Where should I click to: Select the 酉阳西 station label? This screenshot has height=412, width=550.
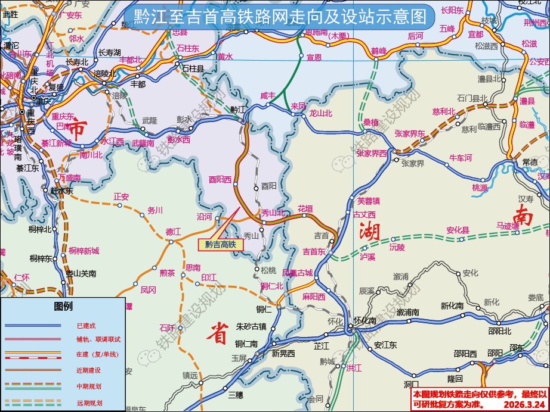[x=220, y=179]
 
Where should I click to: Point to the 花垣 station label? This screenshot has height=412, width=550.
[x=305, y=209]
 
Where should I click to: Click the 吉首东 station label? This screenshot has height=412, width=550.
[x=314, y=251]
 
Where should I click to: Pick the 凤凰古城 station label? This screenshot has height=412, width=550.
[x=297, y=273]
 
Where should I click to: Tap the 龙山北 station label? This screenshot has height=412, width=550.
[x=320, y=113]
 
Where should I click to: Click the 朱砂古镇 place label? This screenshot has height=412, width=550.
[x=251, y=326]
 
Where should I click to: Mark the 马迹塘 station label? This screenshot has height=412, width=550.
[x=508, y=226]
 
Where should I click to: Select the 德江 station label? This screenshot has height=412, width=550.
[x=173, y=231]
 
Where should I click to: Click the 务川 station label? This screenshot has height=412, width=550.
[x=155, y=210]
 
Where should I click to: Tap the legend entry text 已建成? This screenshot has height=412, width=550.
[x=86, y=326]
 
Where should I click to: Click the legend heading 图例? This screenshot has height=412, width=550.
[x=63, y=307]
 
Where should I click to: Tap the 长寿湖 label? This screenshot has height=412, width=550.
[x=109, y=52]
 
